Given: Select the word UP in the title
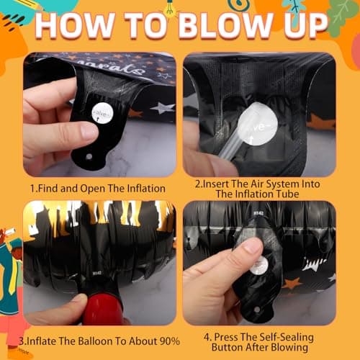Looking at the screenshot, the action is pyautogui.click(x=305, y=26).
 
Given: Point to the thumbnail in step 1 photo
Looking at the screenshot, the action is pyautogui.click(x=89, y=132).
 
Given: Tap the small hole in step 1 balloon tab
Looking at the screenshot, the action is pyautogui.click(x=89, y=157).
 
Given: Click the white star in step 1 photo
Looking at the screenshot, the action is pyautogui.click(x=163, y=108).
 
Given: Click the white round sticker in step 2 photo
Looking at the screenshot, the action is pyautogui.click(x=259, y=124).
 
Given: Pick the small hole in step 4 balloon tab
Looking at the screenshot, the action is pyautogui.click(x=257, y=310).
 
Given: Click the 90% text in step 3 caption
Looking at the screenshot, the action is pyautogui.click(x=168, y=341).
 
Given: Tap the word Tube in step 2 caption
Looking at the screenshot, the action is pyautogui.click(x=287, y=194).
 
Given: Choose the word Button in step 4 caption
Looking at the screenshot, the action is pyautogui.click(x=228, y=347).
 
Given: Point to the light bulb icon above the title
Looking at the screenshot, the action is pyautogui.click(x=170, y=9).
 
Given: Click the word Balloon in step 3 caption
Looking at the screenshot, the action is pyautogui.click(x=96, y=341).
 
